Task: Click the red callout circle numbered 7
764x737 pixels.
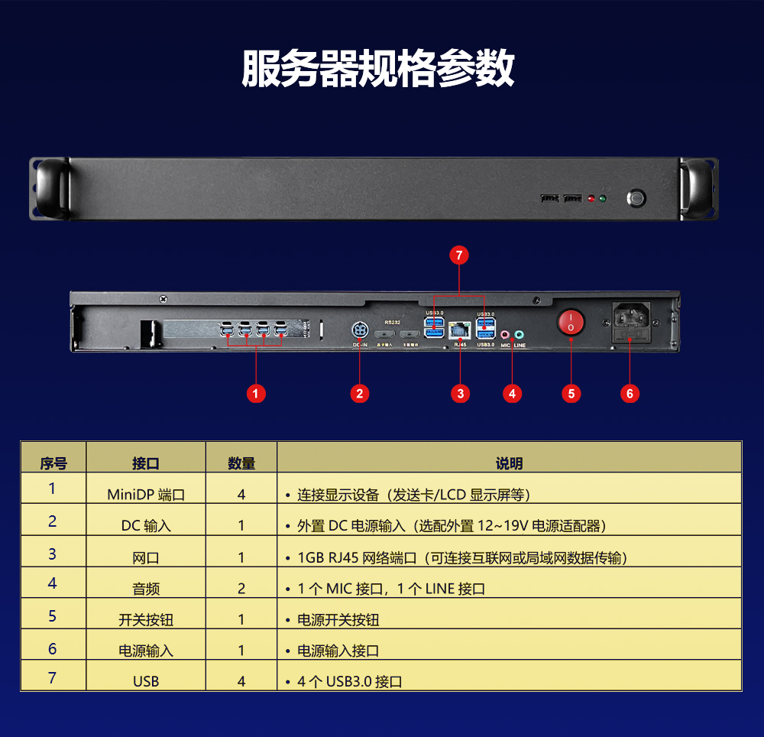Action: pos(458,256)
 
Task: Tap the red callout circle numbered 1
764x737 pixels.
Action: pos(257,394)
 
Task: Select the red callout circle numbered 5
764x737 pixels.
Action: pos(571,394)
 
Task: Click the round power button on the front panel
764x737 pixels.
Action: pos(636,198)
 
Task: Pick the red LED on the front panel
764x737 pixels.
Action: pos(591,200)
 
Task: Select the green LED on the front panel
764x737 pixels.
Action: pos(603,200)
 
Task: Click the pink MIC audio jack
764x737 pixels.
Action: pos(506,334)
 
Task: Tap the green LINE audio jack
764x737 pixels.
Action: pos(520,334)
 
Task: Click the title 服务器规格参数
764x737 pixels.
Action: pos(378,70)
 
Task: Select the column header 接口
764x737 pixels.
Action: pos(146,463)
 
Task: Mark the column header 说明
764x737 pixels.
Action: pos(510,463)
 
